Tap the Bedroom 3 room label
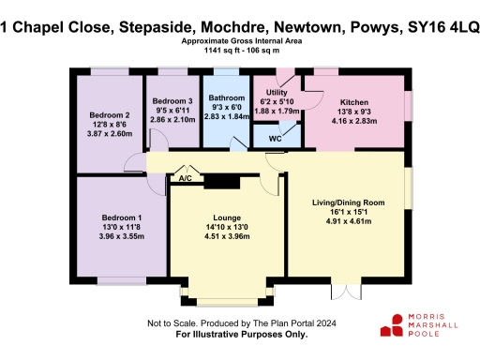pos(172,101)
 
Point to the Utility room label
pos(277,92)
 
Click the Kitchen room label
pos(354,102)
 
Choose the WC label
pos(276,139)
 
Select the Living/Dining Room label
pos(348,202)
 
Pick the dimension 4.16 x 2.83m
pos(354,121)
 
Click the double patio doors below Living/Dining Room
pos(347,289)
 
